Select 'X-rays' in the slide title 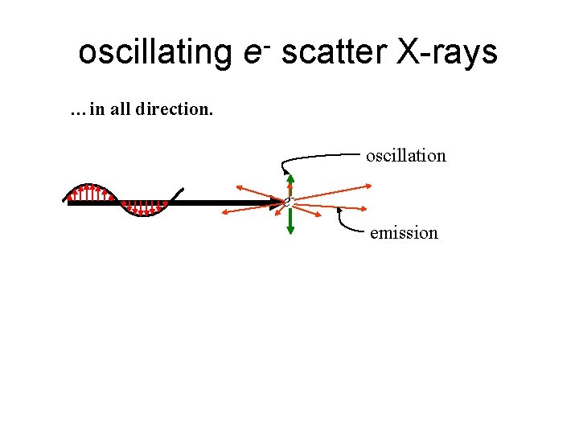(447, 53)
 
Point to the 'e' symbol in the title (250, 55)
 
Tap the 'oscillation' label (405, 156)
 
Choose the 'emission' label (404, 234)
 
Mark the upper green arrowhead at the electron (290, 179)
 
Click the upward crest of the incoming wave (90, 190)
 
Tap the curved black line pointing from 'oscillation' (314, 156)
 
